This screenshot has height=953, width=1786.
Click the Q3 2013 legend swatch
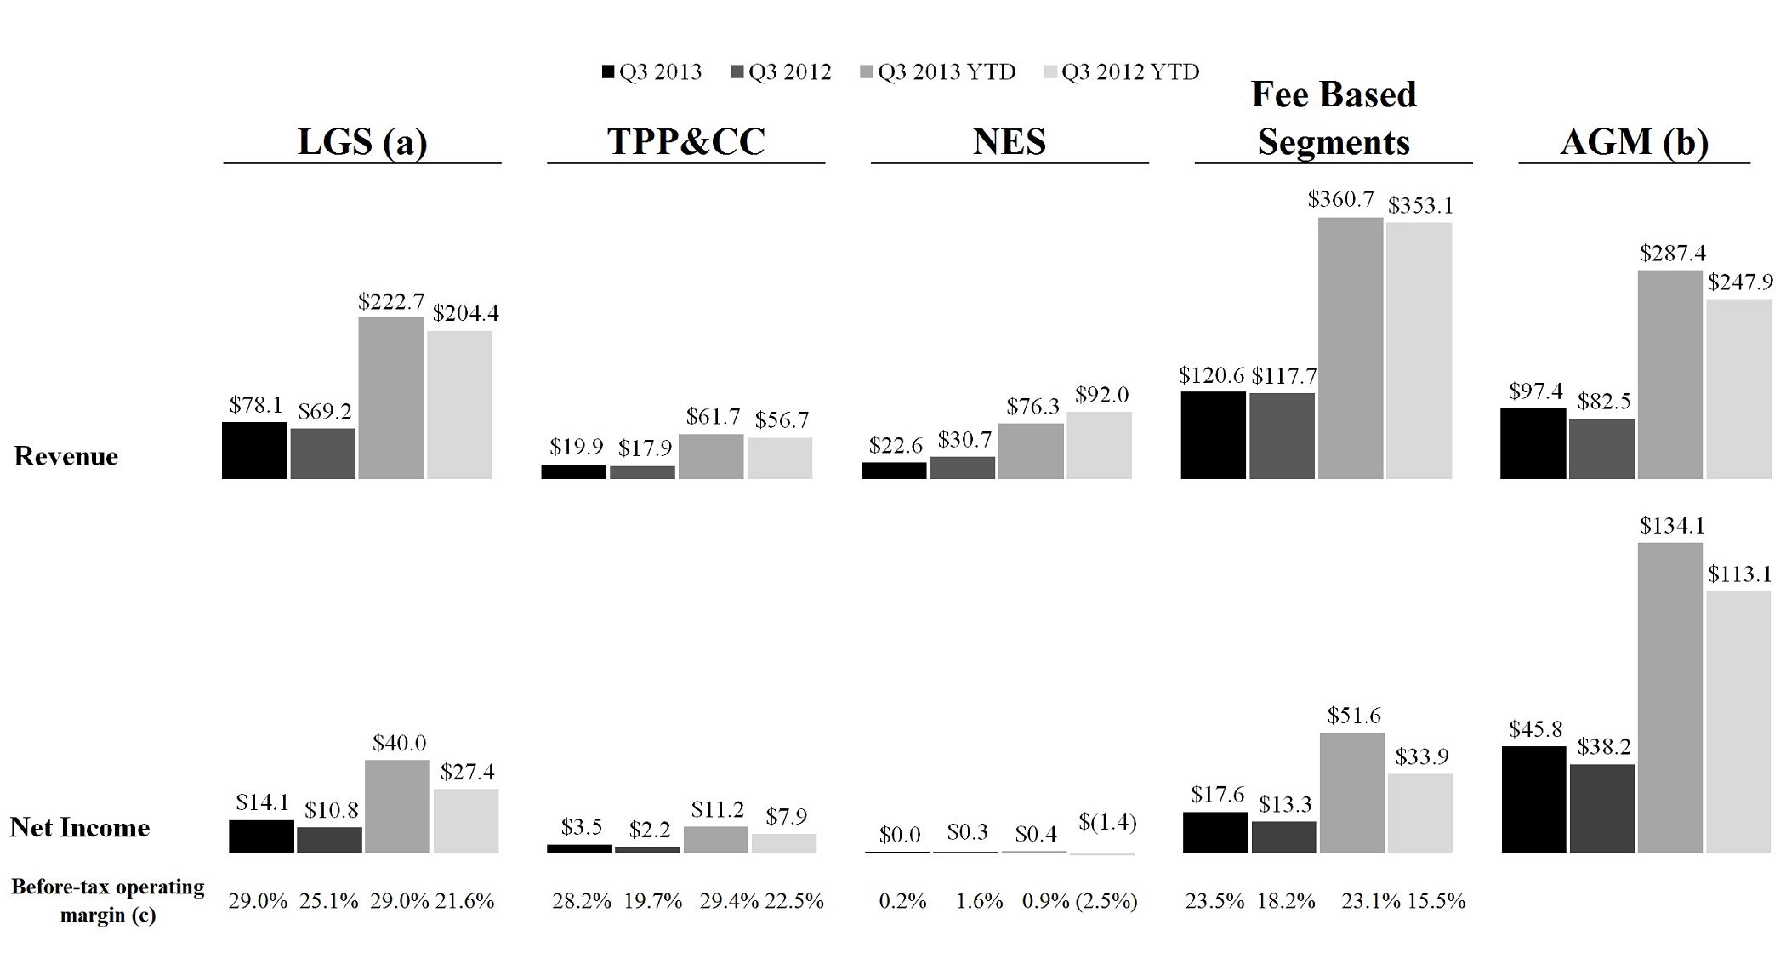tap(608, 72)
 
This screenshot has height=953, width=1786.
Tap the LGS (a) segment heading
tap(362, 141)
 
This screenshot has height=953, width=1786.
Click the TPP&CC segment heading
tap(686, 141)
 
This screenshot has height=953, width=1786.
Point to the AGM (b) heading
tap(1634, 141)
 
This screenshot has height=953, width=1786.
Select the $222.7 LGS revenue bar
tap(391, 398)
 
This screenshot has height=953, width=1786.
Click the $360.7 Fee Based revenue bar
tap(1351, 348)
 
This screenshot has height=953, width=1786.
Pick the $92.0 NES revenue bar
tap(1100, 445)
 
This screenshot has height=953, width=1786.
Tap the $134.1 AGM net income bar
tap(1670, 698)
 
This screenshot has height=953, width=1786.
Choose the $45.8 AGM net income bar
tap(1533, 799)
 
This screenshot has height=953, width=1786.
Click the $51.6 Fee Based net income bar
tap(1352, 793)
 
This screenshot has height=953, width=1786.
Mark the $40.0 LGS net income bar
tap(397, 806)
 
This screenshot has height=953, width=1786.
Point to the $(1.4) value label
tap(1107, 823)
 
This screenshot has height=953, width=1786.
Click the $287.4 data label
tap(1672, 254)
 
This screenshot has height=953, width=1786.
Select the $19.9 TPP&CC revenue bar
tap(574, 471)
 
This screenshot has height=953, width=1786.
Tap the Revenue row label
tap(65, 456)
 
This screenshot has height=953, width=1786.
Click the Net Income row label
tap(80, 827)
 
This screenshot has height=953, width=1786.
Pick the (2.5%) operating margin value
tap(1106, 901)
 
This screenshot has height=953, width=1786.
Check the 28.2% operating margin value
tap(582, 901)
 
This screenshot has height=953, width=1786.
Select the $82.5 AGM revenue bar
tap(1601, 448)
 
